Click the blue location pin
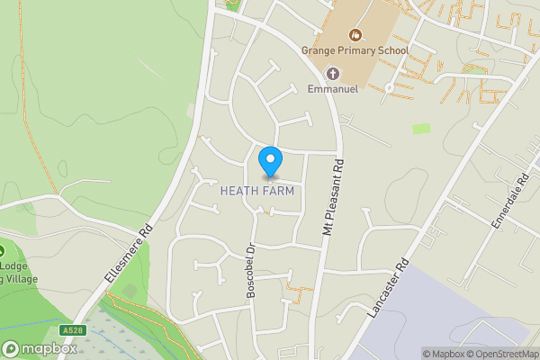click(x=270, y=162)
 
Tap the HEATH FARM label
click(x=257, y=192)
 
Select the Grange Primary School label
click(x=355, y=51)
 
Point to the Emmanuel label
click(x=333, y=89)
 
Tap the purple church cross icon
click(x=333, y=74)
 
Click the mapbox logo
click(x=36, y=348)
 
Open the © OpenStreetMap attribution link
click(x=503, y=354)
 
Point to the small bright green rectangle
click(x=421, y=129)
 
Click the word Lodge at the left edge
click(x=13, y=267)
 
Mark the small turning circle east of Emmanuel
click(x=388, y=88)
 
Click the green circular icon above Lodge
click(x=3, y=251)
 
